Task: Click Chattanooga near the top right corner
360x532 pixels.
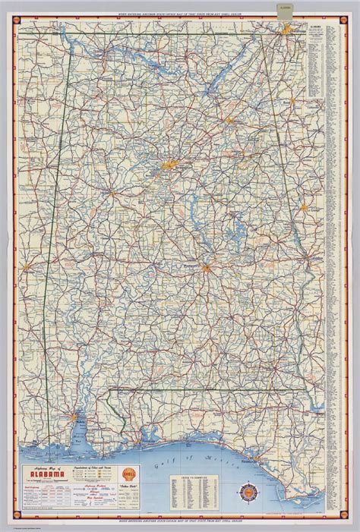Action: click(288, 30)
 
